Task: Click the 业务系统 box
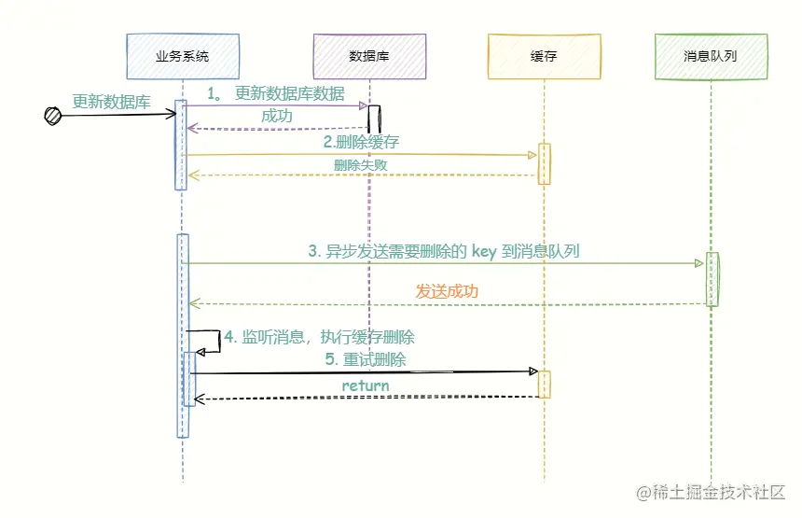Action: click(x=182, y=56)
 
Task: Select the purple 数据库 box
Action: click(x=369, y=56)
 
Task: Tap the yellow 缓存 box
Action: click(x=544, y=56)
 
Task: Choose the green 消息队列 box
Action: click(x=711, y=56)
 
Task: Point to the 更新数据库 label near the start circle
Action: click(x=111, y=102)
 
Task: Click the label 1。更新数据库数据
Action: click(x=275, y=93)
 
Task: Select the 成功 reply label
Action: click(x=277, y=117)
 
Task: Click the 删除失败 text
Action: click(x=360, y=165)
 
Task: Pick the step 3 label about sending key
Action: click(x=443, y=251)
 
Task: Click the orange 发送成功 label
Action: click(x=447, y=291)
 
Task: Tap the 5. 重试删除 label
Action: click(x=365, y=359)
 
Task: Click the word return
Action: click(x=366, y=385)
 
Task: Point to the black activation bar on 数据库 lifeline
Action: click(x=374, y=119)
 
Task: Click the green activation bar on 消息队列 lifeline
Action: click(x=712, y=278)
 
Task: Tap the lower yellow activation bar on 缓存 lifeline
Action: click(x=544, y=384)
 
